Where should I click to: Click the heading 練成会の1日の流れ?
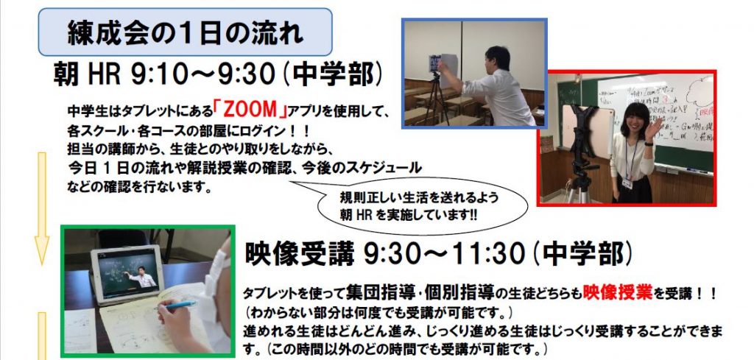tap(185, 32)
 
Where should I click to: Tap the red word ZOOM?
tap(250, 111)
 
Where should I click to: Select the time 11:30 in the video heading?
tap(486, 254)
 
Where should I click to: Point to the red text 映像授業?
tap(618, 292)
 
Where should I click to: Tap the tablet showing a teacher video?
tap(127, 274)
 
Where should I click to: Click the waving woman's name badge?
tap(627, 183)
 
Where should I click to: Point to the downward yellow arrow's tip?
tap(42, 264)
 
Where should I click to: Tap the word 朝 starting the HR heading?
tap(66, 76)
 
